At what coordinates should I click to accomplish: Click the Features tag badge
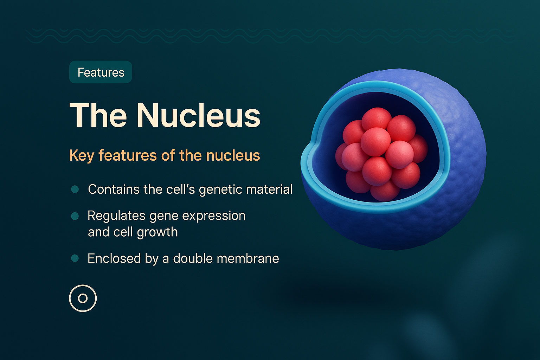click(x=101, y=72)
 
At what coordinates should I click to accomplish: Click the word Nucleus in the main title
click(x=199, y=115)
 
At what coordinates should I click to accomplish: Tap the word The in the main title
click(x=98, y=115)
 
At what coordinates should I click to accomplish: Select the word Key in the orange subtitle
click(x=81, y=155)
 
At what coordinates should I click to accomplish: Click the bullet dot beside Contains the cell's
click(x=75, y=189)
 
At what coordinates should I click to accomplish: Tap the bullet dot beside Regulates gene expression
click(x=75, y=216)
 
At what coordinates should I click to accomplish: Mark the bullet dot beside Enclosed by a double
click(x=75, y=258)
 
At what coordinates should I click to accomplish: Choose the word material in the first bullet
click(x=269, y=189)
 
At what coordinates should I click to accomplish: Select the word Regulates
click(x=116, y=216)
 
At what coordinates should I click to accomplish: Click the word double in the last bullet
click(x=193, y=258)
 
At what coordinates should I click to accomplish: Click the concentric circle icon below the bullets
click(x=83, y=298)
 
